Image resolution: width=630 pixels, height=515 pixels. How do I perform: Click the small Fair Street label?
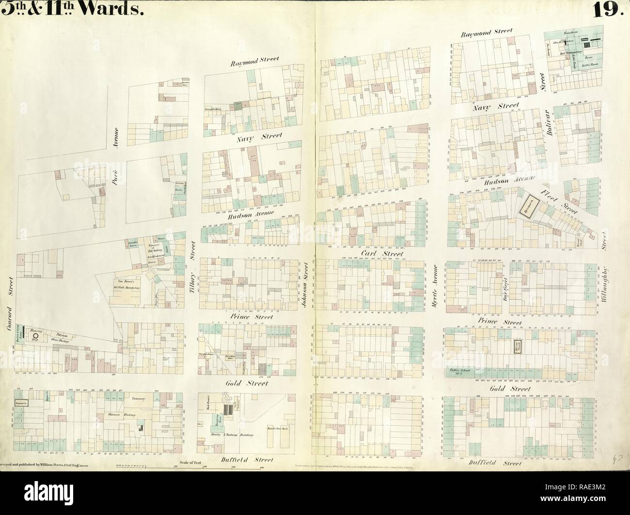(x=504, y=287)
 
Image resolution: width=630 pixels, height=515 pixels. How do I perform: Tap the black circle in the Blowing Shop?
(x=35, y=335)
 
